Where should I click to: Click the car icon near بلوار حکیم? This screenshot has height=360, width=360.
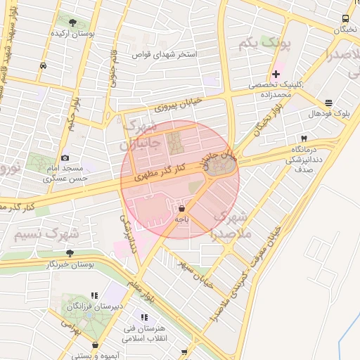coord(44,65)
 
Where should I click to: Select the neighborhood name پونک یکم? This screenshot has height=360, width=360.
coord(264,45)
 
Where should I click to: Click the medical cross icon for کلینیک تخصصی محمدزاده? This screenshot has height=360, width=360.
coord(276,73)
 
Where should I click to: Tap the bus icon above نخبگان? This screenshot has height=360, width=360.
coord(345,18)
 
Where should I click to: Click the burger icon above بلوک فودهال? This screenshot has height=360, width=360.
coord(329,103)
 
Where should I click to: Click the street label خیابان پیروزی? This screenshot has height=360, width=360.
coord(178,105)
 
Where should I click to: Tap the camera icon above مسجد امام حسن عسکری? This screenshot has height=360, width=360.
coord(65,158)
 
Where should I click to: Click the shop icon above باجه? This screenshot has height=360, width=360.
coord(182,209)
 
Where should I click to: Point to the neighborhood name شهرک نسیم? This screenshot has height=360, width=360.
coord(45,233)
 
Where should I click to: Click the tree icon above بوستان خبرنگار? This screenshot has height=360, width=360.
coord(70,252)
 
